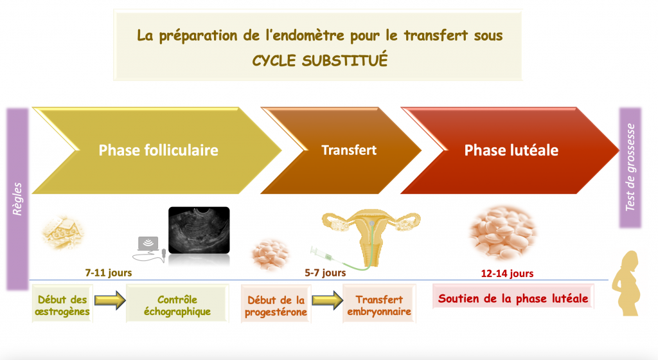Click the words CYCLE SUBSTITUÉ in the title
pos(320,60)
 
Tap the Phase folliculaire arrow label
pos(158,150)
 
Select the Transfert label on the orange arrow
pos(349,150)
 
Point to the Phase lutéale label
pos(511,150)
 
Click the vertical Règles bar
pos(17,199)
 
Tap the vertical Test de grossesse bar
pos(630,167)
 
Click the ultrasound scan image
pos(199,230)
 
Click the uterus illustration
pos(371,235)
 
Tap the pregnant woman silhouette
pos(627,283)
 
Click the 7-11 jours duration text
pos(108,273)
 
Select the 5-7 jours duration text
pos(325,273)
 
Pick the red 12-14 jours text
pos(507,274)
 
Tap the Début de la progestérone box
pos(276,304)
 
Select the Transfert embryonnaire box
pos(379,304)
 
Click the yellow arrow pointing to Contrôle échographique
pos(110,300)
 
